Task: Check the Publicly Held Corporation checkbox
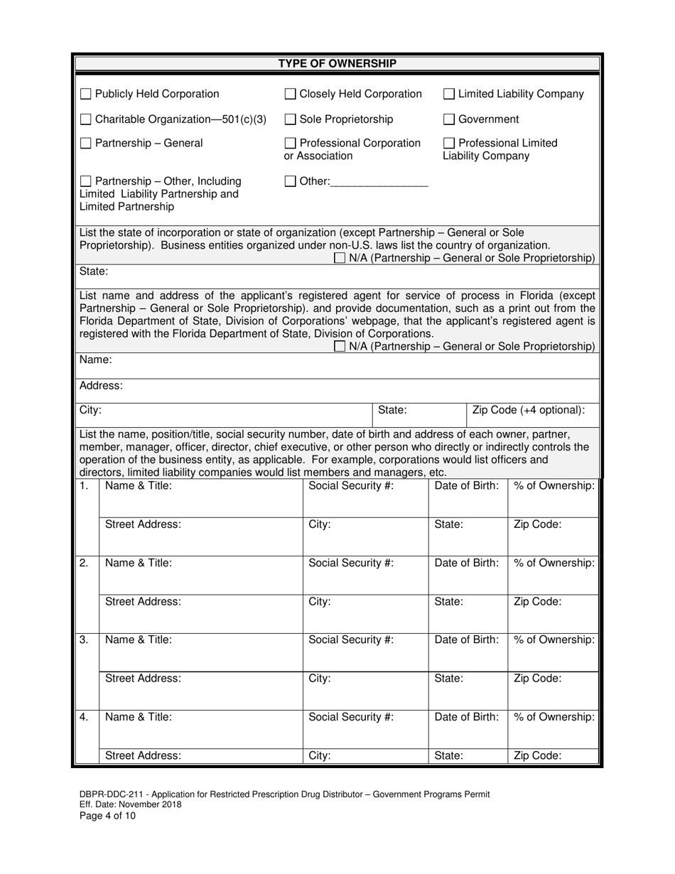pyautogui.click(x=85, y=94)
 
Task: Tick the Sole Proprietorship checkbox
pyautogui.click(x=290, y=119)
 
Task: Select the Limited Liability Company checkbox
pyautogui.click(x=449, y=94)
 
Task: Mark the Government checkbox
pyautogui.click(x=449, y=119)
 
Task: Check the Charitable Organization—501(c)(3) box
pyautogui.click(x=85, y=119)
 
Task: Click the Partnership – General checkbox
pyautogui.click(x=85, y=144)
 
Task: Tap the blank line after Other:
pyautogui.click(x=379, y=182)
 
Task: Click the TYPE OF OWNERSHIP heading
pyautogui.click(x=337, y=64)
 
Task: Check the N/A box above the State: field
pyautogui.click(x=340, y=259)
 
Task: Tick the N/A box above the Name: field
pyautogui.click(x=340, y=347)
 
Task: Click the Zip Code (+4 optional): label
pyautogui.click(x=529, y=410)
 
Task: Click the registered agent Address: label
pyautogui.click(x=101, y=386)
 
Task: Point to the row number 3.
pyautogui.click(x=84, y=640)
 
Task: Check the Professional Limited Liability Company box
pyautogui.click(x=449, y=144)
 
